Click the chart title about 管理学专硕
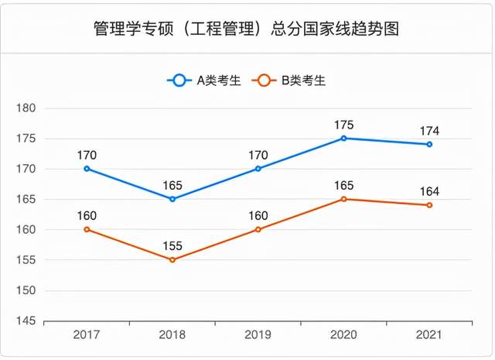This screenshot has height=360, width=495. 246,29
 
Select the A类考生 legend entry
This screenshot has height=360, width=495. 204,81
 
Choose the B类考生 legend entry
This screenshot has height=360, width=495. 288,81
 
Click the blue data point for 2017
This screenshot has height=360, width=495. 87,169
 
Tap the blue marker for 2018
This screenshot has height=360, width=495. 172,199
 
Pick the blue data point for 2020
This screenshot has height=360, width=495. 343,138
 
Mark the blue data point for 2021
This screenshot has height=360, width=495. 429,145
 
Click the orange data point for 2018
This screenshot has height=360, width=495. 172,260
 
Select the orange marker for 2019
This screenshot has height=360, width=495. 258,229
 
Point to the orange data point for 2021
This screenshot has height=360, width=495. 429,205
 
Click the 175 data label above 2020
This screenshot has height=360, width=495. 343,125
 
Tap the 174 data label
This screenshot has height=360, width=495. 429,131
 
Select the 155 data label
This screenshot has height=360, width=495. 172,246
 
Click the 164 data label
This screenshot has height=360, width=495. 429,191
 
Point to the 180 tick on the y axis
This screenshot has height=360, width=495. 26,108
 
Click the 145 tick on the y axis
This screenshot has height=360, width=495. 26,321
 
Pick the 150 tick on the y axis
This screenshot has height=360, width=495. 26,290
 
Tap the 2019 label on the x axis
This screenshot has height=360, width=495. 258,334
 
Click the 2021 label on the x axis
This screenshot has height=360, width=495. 429,334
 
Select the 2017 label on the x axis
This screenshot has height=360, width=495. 87,334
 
